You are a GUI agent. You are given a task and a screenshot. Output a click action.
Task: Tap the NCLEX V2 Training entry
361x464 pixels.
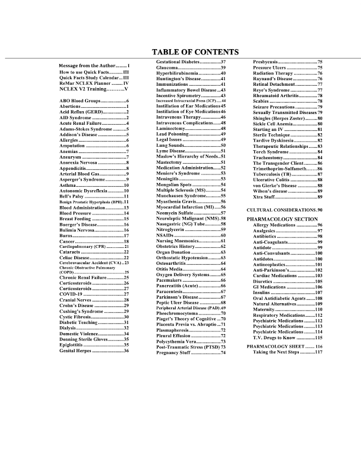(94, 89)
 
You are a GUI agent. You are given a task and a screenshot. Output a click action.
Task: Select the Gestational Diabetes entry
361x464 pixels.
(191, 61)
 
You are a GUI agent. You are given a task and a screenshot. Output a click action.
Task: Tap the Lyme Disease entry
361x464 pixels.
(191, 151)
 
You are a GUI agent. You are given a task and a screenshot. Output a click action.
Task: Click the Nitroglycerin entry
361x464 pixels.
(191, 230)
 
